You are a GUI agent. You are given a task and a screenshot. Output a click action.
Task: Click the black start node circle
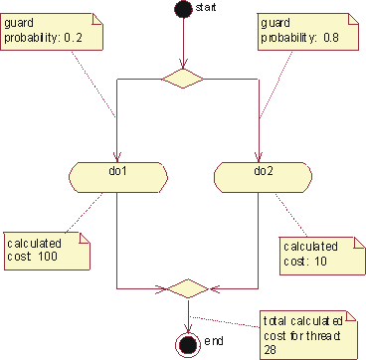pos(183,10)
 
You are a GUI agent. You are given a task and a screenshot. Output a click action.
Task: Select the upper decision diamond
pos(184,78)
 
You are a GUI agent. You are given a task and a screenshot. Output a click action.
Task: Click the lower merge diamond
pos(184,288)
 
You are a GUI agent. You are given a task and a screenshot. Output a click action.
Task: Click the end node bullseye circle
pos(185,344)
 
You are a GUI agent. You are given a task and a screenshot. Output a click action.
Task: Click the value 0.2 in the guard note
pos(77,38)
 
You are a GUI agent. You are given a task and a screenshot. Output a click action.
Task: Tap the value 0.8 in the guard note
pos(333,39)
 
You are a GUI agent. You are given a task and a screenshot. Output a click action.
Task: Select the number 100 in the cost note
pos(48,258)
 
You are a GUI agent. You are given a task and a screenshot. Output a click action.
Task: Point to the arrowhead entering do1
pos(117,155)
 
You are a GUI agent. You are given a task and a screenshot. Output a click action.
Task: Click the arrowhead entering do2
pos(260,155)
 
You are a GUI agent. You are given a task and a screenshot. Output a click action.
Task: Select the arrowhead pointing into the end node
pos(185,328)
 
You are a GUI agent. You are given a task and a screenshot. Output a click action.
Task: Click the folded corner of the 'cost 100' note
pos(83,238)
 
